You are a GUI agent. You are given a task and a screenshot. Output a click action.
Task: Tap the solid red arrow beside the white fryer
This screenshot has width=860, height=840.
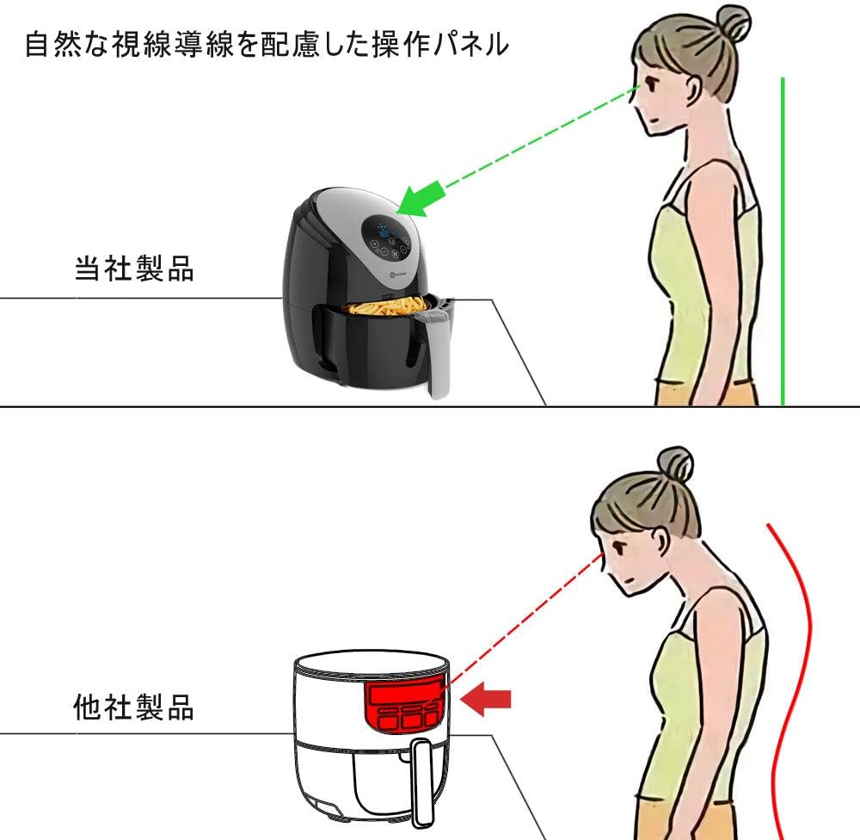[485, 700]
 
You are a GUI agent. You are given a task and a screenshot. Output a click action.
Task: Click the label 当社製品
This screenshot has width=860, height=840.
[134, 269]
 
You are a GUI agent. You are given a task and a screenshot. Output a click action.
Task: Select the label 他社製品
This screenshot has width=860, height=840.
[134, 707]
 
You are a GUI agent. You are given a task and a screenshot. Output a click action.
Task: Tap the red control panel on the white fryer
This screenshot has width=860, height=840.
[403, 705]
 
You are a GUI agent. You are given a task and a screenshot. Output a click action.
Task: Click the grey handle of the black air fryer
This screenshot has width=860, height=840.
[436, 351]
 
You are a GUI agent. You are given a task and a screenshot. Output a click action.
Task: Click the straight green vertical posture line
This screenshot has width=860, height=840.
[783, 242]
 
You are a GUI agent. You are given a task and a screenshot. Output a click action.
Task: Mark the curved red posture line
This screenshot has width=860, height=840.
[789, 681]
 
